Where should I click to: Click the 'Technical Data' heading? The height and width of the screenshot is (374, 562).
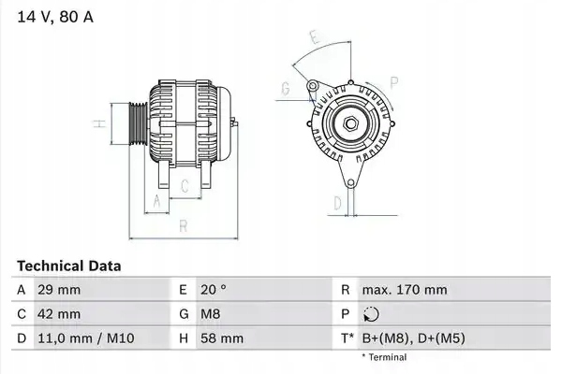click(x=68, y=266)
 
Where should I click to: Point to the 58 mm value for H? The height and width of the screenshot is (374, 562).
click(x=221, y=338)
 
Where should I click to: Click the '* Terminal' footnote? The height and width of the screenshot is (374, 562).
click(x=384, y=357)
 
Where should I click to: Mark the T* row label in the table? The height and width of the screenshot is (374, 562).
click(x=349, y=338)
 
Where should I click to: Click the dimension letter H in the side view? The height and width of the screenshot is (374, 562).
click(x=96, y=124)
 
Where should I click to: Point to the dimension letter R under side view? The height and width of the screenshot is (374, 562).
click(x=184, y=226)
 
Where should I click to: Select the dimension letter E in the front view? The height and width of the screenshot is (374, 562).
click(x=317, y=38)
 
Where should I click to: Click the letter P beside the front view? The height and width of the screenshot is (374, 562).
click(x=393, y=82)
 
